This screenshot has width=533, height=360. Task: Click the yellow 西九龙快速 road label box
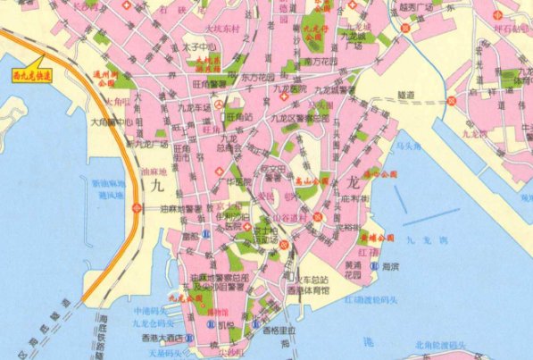[33, 76]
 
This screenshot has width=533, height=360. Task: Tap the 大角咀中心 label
[110, 121]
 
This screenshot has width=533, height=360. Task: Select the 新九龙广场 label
[147, 143]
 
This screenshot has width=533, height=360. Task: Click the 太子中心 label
[199, 46]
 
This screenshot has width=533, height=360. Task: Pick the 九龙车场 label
[194, 107]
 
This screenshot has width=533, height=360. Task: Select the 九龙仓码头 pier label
[149, 322]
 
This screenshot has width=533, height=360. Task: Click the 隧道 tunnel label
[406, 93]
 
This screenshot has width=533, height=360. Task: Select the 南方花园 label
[319, 63]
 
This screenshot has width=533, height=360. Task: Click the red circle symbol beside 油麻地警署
[137, 209]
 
